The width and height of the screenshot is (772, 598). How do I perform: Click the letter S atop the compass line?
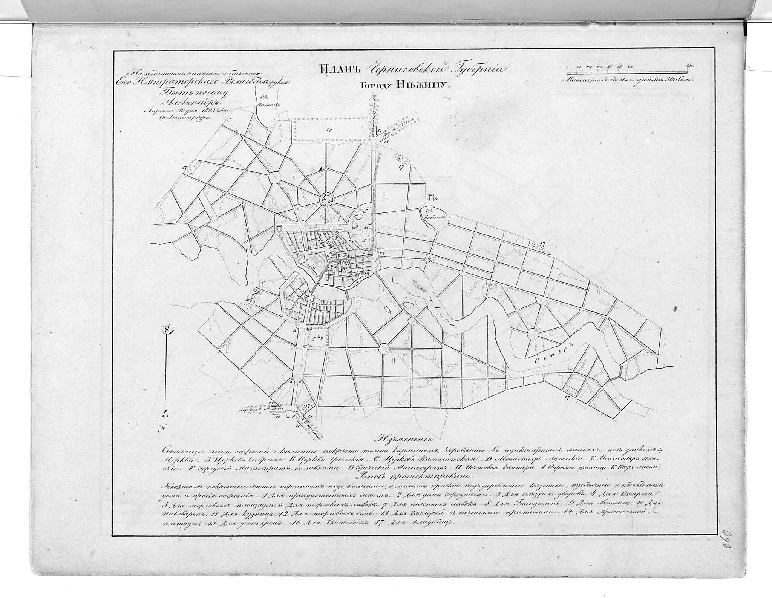click(x=167, y=329)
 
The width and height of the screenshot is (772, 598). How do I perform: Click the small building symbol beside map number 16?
click(x=431, y=198)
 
